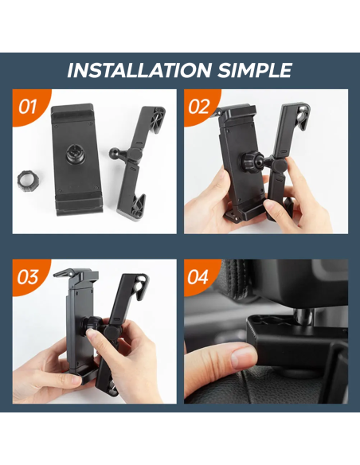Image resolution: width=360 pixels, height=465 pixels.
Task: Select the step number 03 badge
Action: (28, 277)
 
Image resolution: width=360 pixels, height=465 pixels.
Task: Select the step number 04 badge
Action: (199, 277)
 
